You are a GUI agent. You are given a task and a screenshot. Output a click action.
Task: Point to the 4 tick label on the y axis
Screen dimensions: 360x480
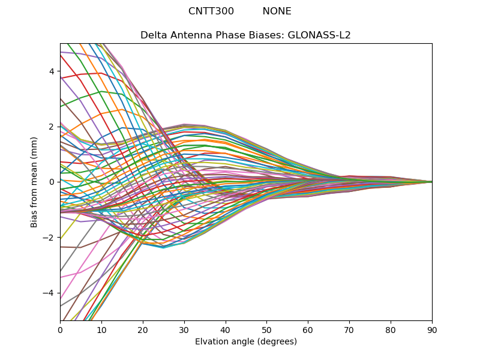pyautogui.click(x=52, y=71)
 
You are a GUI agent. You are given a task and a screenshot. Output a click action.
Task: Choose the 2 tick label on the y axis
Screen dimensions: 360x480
pyautogui.click(x=52, y=127)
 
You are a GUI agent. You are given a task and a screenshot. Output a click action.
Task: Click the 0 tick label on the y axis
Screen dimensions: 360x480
pyautogui.click(x=52, y=182)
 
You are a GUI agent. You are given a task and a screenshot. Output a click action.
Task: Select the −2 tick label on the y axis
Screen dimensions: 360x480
pyautogui.click(x=49, y=237)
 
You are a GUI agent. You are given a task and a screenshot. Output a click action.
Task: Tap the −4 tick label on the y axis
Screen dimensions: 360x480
pyautogui.click(x=49, y=293)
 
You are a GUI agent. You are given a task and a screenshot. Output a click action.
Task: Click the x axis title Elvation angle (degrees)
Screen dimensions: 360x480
pyautogui.click(x=246, y=341)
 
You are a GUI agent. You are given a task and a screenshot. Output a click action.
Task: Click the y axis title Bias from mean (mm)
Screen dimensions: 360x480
pyautogui.click(x=35, y=181)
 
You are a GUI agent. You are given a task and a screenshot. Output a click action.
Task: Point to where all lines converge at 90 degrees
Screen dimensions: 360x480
pyautogui.click(x=431, y=182)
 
